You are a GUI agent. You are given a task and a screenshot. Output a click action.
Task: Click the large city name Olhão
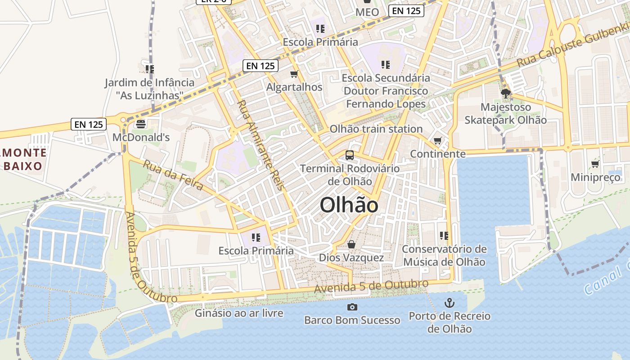(349, 205)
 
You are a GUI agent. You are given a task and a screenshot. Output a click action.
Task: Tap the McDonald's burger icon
(141, 124)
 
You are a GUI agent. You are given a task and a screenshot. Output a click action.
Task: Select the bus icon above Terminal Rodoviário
(350, 155)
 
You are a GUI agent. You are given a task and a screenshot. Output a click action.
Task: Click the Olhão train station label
(376, 129)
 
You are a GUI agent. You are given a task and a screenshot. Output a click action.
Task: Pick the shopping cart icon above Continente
(437, 141)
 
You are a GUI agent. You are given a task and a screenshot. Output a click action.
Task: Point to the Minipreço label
(596, 177)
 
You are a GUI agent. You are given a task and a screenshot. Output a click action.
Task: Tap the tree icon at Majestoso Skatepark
(505, 94)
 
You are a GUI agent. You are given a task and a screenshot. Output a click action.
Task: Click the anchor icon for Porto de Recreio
(449, 302)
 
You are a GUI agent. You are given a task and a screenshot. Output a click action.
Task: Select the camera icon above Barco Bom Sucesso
(352, 307)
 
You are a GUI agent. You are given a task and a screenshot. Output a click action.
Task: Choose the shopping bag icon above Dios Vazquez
(351, 244)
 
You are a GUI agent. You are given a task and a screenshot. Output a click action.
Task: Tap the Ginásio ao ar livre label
(239, 313)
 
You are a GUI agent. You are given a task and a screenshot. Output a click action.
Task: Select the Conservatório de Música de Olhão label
(444, 256)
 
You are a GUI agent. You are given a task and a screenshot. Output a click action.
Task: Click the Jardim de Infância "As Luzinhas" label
(149, 89)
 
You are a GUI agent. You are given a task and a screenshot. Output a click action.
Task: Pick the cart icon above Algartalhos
(294, 74)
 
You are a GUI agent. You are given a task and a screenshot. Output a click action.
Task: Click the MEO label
(367, 12)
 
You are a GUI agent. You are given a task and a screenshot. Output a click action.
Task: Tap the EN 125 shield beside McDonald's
(89, 125)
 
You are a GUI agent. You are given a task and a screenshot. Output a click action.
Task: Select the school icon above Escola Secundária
(385, 64)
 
